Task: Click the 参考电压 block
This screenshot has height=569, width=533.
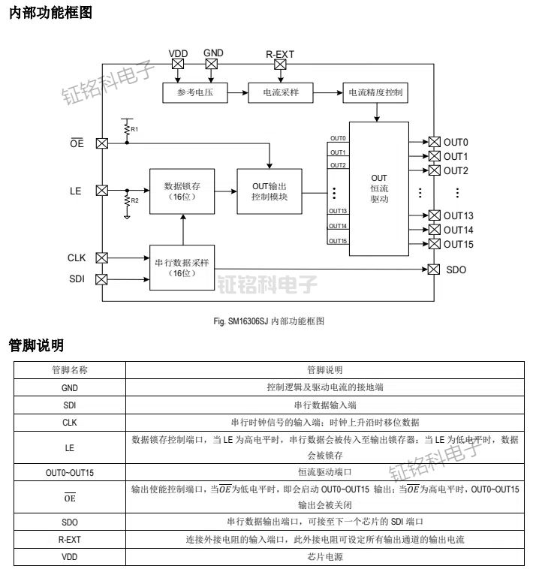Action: point(194,93)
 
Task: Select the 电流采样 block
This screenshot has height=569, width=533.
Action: point(279,93)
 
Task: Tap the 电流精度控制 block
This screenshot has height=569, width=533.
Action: point(375,93)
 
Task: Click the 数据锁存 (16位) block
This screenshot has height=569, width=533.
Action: point(182,191)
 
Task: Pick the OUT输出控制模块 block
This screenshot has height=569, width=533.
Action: point(270,191)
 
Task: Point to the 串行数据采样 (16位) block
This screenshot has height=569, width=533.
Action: point(182,267)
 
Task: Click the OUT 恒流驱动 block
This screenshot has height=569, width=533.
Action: point(379,189)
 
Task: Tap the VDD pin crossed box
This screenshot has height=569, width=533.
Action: point(178,65)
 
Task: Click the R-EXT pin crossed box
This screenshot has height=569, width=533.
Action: point(280,65)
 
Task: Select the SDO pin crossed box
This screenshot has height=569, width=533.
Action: point(434,269)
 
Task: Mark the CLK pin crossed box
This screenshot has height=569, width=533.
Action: point(102,258)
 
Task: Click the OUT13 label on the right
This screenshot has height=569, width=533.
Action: point(458,216)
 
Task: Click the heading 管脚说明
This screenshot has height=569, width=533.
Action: point(35,345)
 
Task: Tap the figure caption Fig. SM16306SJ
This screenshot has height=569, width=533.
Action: point(269,321)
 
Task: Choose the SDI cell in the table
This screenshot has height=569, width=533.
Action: point(69,405)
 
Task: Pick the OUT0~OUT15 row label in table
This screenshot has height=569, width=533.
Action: point(69,473)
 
